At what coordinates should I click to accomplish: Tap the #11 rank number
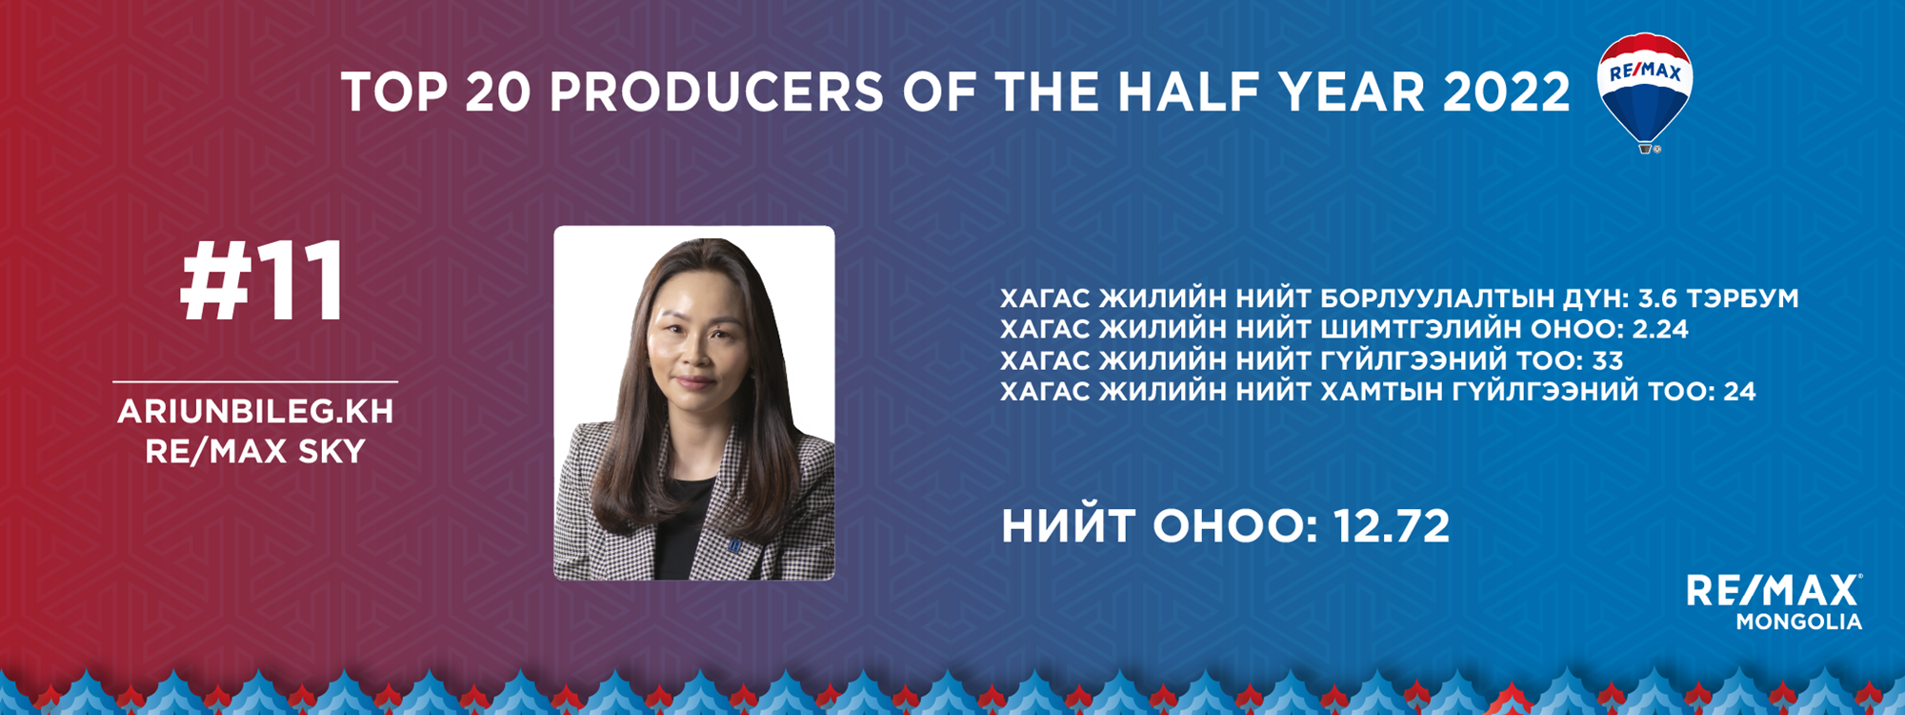point(262,281)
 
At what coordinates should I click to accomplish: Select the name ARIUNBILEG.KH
point(255,411)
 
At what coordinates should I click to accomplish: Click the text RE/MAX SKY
point(255,451)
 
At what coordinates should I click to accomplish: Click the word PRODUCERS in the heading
point(716,92)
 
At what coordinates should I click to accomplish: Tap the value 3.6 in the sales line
point(1657,298)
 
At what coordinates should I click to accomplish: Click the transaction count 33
point(1608,360)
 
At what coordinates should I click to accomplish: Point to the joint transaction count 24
point(1739,391)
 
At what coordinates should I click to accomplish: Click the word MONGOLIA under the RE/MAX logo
point(1798,622)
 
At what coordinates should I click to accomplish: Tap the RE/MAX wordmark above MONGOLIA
point(1774,590)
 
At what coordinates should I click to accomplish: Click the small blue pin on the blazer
point(734,545)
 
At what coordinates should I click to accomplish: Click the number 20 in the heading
point(498,92)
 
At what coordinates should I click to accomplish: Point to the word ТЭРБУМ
point(1743,298)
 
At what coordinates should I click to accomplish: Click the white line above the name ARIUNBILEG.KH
point(255,381)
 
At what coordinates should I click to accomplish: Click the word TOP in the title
point(394,92)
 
